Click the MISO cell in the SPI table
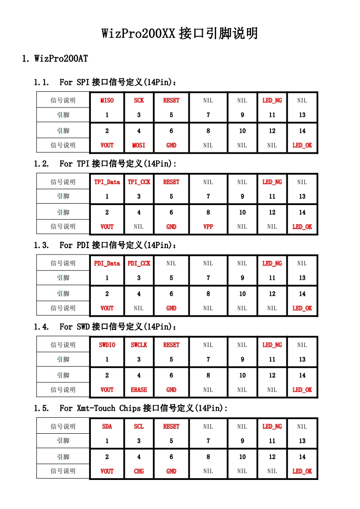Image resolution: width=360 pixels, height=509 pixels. click(107, 100)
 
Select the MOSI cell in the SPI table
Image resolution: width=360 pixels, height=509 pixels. click(139, 145)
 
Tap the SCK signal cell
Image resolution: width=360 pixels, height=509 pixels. click(139, 100)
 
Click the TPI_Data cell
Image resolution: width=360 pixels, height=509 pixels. click(107, 182)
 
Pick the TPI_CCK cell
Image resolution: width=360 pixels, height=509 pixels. click(139, 182)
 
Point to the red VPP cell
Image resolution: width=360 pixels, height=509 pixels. click(208, 226)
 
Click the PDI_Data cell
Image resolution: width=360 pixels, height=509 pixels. click(107, 263)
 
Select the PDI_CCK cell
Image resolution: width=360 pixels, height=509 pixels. click(139, 263)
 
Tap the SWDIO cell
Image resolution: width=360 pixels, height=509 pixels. click(107, 345)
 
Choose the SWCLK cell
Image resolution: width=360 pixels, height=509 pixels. click(139, 345)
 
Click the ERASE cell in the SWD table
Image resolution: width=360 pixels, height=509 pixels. click(139, 389)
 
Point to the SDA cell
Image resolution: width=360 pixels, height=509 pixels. click(107, 426)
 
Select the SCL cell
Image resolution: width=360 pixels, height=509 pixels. click(139, 426)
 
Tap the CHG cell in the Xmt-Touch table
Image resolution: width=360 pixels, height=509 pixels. click(139, 471)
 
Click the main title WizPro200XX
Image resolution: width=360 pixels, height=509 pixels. click(180, 33)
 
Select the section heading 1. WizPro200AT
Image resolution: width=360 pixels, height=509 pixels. click(55, 59)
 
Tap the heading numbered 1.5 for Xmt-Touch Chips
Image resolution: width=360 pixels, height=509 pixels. click(131, 408)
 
